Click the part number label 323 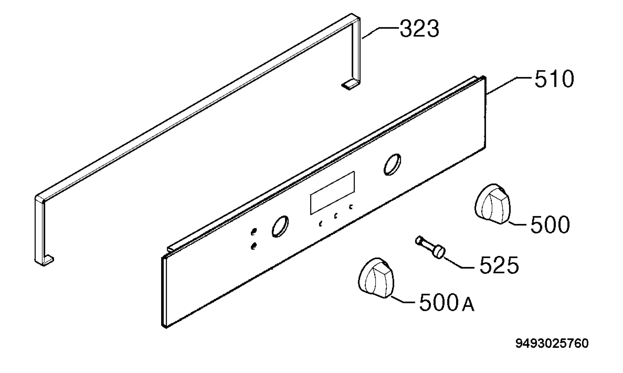[419, 29]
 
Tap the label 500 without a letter [550, 224]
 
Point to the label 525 [499, 265]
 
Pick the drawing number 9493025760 [552, 343]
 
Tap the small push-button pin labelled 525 [430, 247]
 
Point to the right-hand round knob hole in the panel [392, 164]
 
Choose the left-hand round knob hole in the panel [280, 226]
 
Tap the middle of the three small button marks [336, 216]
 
